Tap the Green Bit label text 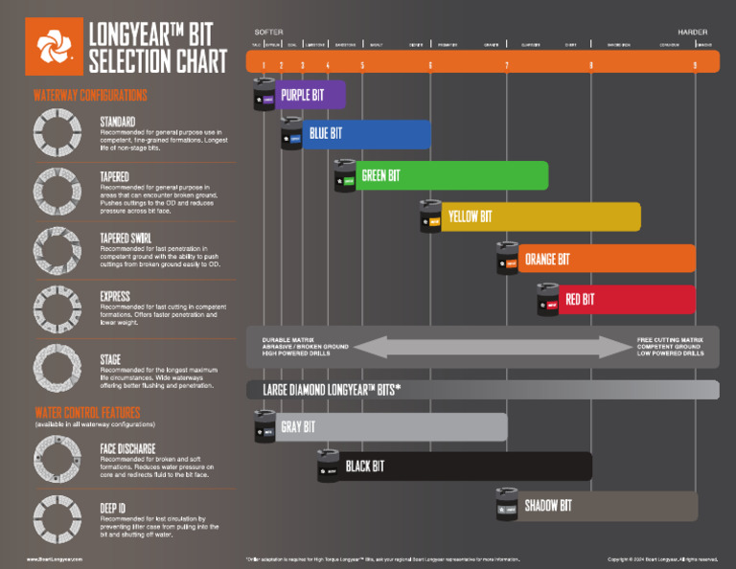[380, 176]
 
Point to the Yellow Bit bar [537, 217]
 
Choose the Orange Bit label [547, 260]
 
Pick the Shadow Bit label [548, 506]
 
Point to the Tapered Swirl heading [132, 239]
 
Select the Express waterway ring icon [57, 306]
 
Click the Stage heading [111, 359]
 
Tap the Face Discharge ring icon [57, 457]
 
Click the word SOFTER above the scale [269, 32]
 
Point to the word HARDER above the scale [692, 32]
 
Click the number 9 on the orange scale [695, 64]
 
